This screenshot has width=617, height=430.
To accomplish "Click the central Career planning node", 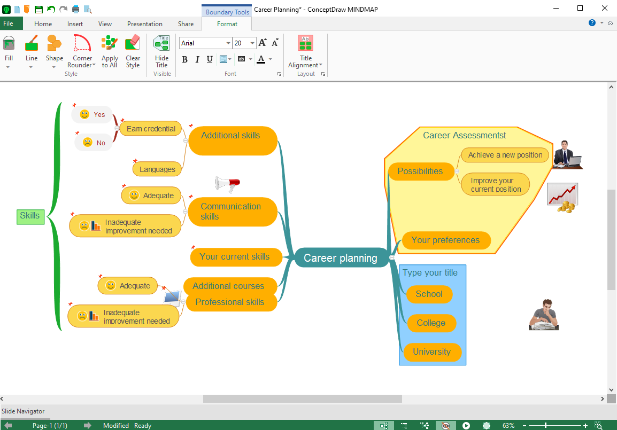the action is click(x=341, y=258).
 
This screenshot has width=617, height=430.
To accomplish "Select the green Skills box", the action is click(x=30, y=216).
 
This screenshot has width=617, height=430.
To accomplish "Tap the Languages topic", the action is click(x=157, y=169).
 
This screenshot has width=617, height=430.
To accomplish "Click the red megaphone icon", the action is click(x=227, y=184).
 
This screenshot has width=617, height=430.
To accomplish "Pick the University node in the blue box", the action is click(x=431, y=352).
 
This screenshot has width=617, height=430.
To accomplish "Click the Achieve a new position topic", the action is click(x=505, y=155).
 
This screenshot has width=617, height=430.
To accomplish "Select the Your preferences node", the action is click(x=445, y=240).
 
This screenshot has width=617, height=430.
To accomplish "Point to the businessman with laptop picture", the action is click(x=567, y=155).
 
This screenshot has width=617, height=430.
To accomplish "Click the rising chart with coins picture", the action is click(x=562, y=198).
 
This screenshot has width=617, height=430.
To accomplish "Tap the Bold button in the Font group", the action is click(x=184, y=59).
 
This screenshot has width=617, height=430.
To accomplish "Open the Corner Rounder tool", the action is click(x=82, y=51).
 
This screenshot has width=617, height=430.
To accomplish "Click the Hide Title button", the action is click(x=161, y=51).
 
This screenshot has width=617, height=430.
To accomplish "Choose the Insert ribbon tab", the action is click(x=75, y=24).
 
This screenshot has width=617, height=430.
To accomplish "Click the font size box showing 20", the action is click(x=241, y=43).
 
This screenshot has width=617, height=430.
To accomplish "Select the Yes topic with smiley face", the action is click(x=92, y=114).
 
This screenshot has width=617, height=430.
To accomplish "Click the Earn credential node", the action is click(x=151, y=129).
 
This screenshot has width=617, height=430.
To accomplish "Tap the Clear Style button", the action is click(x=133, y=51).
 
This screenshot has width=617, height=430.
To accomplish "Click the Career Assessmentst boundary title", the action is click(x=464, y=136).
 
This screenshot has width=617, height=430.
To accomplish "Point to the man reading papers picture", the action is click(x=544, y=315).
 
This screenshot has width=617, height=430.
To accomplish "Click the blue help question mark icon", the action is click(x=592, y=23).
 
